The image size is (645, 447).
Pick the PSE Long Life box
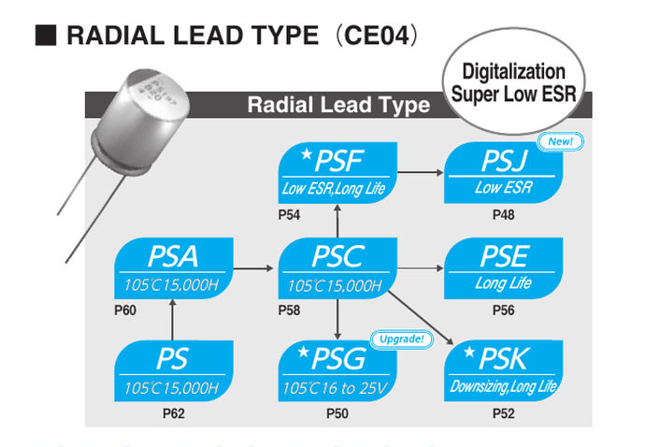[x=504, y=268]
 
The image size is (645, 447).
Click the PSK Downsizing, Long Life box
[x=504, y=369]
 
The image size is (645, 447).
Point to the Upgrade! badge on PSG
[x=402, y=338]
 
